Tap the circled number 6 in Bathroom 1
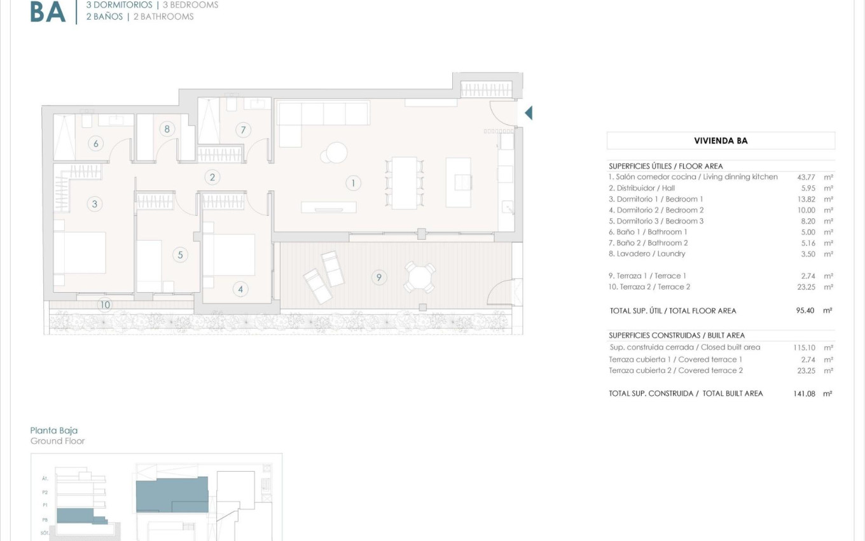96,143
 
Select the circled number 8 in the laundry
167,129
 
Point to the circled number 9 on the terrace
378,278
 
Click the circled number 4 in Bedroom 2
240,290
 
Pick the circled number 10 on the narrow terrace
105,305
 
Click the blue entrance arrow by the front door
528,113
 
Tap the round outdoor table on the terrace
420,278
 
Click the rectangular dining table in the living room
404,183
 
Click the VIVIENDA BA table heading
720,141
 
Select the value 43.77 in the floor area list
807,177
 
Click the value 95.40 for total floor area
807,311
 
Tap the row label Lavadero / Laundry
647,254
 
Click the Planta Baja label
54,431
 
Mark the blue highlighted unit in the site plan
172,495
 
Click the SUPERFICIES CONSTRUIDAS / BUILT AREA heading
676,335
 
